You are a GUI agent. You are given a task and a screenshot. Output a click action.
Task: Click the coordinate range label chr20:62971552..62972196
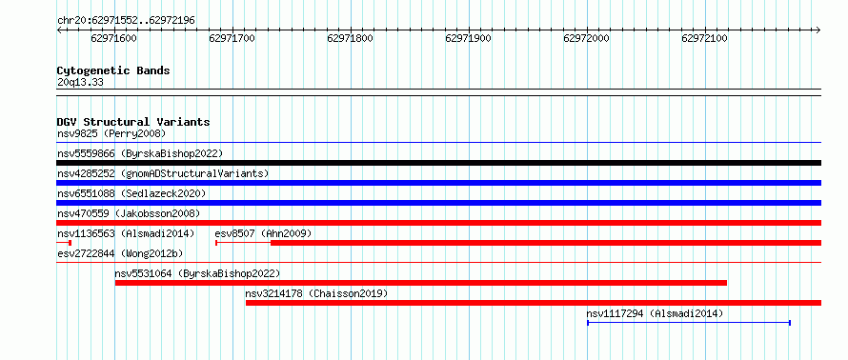pyautogui.click(x=126, y=21)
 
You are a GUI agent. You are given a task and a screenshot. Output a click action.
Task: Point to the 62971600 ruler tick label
pyautogui.click(x=114, y=38)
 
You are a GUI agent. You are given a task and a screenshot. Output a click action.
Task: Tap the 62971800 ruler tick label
pyautogui.click(x=350, y=38)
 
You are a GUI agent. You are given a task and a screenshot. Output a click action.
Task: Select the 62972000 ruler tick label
pyautogui.click(x=586, y=38)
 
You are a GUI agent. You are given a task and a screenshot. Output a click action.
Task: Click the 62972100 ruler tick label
pyautogui.click(x=705, y=38)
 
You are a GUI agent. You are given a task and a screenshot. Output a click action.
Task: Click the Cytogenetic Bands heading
pyautogui.click(x=113, y=70)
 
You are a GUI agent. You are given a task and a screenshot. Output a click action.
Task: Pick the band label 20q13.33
pyautogui.click(x=80, y=83)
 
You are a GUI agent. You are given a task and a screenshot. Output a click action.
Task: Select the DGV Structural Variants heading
pyautogui.click(x=133, y=122)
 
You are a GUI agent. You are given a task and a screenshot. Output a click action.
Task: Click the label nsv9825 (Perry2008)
pyautogui.click(x=111, y=133)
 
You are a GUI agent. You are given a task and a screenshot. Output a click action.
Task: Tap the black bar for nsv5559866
pyautogui.click(x=438, y=163)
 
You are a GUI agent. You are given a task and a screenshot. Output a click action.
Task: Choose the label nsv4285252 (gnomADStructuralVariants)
pyautogui.click(x=163, y=173)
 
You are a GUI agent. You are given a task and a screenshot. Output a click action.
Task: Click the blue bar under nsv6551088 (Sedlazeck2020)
pyautogui.click(x=438, y=203)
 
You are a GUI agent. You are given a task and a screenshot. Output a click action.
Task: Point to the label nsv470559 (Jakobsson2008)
pyautogui.click(x=129, y=213)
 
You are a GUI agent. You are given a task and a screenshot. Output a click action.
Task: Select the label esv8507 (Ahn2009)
pyautogui.click(x=263, y=233)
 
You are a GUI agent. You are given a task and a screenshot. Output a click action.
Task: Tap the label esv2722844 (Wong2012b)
pyautogui.click(x=120, y=253)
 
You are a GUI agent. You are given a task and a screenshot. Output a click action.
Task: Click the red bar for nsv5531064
pyautogui.click(x=421, y=283)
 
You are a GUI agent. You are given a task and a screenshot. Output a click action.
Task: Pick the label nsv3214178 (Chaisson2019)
pyautogui.click(x=316, y=293)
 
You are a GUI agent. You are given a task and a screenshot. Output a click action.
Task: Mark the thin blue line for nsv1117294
pyautogui.click(x=689, y=323)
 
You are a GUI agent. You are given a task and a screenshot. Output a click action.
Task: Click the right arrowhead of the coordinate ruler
pyautogui.click(x=818, y=30)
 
